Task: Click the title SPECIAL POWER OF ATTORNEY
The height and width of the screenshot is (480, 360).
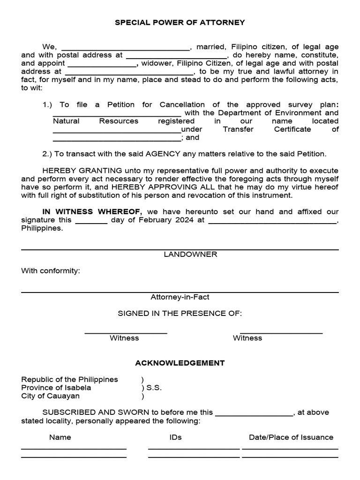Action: [180, 22]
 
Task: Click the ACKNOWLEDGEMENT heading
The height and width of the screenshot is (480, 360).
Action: [180, 363]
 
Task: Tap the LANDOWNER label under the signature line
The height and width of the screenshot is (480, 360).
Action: [190, 254]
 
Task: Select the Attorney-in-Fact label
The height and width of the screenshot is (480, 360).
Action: [180, 297]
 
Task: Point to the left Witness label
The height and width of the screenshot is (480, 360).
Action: [124, 338]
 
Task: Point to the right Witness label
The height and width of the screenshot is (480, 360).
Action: [247, 338]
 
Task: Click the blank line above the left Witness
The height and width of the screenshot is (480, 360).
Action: [126, 333]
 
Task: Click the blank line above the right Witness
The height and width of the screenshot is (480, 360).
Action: [281, 333]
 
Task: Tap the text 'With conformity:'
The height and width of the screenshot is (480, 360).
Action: [51, 271]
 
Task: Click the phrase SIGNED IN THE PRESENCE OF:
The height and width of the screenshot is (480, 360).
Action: [180, 314]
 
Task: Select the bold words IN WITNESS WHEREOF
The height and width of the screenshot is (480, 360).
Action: [92, 212]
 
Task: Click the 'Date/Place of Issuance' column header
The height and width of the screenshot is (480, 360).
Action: [291, 437]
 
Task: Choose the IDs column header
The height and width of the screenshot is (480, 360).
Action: [176, 437]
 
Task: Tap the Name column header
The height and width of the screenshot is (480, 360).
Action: [60, 437]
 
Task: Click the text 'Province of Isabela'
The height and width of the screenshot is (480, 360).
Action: [56, 388]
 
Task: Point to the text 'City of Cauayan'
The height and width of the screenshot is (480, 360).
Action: [51, 396]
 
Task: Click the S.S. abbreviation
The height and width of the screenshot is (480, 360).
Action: [154, 388]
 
